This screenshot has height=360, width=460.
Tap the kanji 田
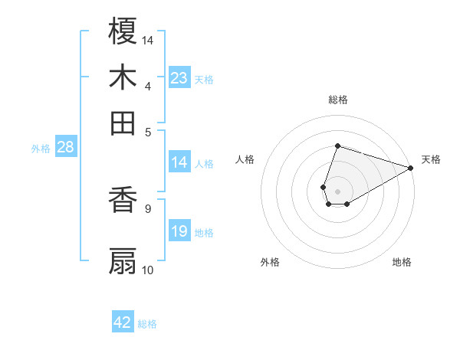tap(123, 122)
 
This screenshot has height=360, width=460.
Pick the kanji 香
tap(123, 201)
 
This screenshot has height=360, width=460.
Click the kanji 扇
tap(123, 261)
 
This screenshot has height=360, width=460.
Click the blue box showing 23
tap(179, 77)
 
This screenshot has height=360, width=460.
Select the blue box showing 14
tap(179, 162)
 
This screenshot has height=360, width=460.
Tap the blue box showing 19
tap(179, 231)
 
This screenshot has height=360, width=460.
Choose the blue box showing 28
tap(65, 147)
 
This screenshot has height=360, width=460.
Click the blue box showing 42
tap(123, 322)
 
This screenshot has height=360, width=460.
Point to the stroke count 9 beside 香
tap(147, 208)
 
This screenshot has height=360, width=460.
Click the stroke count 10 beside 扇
tap(148, 270)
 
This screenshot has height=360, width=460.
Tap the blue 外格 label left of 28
tap(41, 149)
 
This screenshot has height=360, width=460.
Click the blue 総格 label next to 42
tap(147, 324)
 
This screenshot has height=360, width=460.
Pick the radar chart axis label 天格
tap(431, 159)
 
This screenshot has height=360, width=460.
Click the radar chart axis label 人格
tap(245, 159)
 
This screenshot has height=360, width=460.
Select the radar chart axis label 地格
tap(402, 262)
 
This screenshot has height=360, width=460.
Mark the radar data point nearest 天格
tap(411, 168)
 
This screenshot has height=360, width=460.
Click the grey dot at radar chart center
tap(337, 190)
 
